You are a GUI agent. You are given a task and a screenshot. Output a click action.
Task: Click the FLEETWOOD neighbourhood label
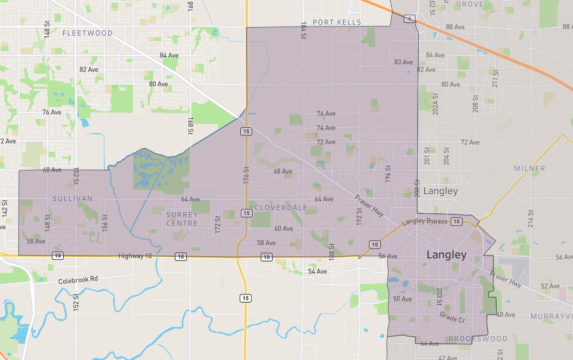point(88,33)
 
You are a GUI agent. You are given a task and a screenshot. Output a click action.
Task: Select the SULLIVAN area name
point(73,199)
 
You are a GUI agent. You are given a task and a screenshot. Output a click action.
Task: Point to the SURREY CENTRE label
point(182,219)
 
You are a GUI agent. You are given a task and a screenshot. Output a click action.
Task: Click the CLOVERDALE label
point(281,208)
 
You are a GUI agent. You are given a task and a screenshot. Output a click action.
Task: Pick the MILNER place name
point(529,168)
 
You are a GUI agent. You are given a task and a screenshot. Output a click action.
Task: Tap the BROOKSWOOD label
point(478,339)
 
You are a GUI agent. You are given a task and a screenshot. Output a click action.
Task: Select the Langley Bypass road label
point(424,221)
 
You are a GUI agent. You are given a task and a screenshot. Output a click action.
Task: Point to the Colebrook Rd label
point(79,279)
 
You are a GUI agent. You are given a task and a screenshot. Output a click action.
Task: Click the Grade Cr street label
point(452,317)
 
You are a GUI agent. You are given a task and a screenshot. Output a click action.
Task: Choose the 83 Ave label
point(403,62)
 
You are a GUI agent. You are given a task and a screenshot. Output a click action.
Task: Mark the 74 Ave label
point(326,128)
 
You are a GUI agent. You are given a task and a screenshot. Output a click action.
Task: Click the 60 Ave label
point(284,228)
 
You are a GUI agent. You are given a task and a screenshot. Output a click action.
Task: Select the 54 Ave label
point(318,271)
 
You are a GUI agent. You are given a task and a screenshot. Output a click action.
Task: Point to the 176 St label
point(246,177)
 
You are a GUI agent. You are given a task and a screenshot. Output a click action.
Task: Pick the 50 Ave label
point(403,299)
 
